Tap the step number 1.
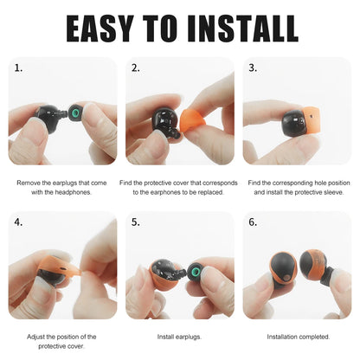19,67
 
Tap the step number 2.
136,67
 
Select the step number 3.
253,67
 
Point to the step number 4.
19,222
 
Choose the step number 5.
136,222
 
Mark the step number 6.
253,222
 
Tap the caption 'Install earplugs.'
179,336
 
